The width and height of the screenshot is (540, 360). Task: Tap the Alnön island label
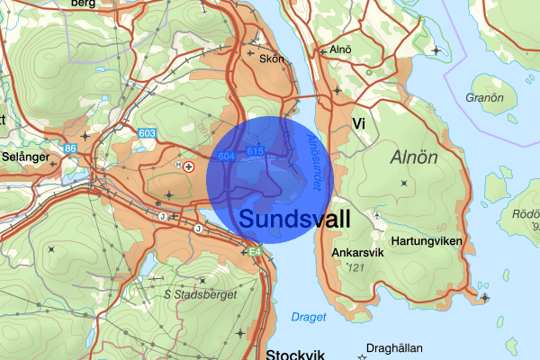[415, 157]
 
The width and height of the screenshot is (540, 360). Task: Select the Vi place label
[358, 123]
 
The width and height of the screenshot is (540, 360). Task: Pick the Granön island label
[483, 97]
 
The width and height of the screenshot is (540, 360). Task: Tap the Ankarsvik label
[358, 251]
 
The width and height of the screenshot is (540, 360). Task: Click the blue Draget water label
[308, 317]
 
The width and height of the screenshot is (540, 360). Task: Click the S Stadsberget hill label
[200, 294]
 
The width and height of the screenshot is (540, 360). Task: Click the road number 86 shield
[70, 148]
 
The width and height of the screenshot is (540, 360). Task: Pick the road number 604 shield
[226, 157]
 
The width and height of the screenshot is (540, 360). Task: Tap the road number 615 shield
[255, 151]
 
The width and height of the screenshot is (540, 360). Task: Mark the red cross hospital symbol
[189, 167]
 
